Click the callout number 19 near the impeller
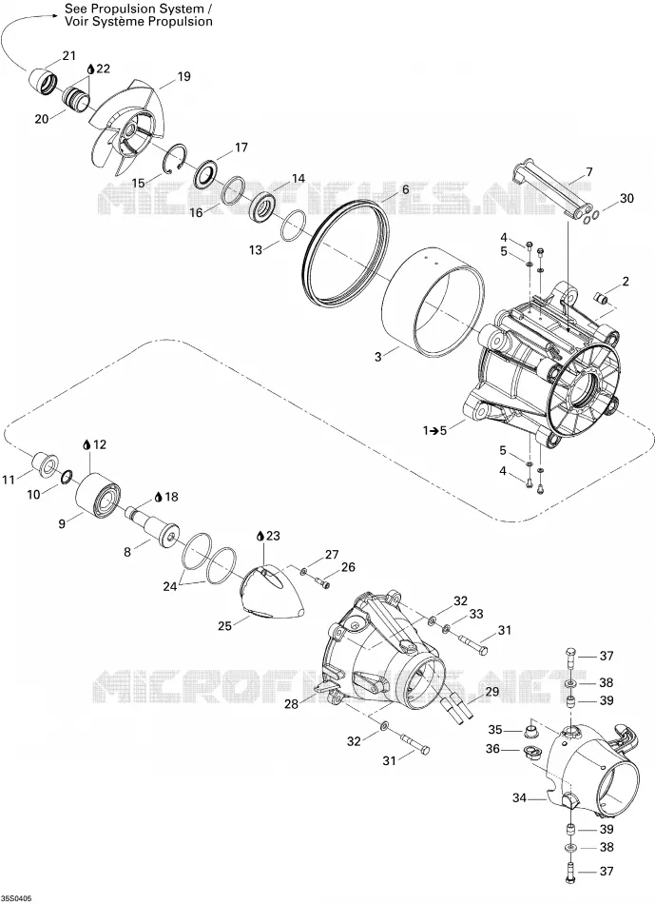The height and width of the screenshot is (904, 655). (x=183, y=77)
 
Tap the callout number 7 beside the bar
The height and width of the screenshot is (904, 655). (x=588, y=172)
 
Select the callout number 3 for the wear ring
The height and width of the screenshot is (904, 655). (x=378, y=357)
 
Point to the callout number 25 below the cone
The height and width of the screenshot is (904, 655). (x=224, y=625)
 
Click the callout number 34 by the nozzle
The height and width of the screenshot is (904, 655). (x=520, y=798)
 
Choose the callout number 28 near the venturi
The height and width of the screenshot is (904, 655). (x=292, y=704)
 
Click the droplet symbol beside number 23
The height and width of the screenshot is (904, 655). (x=260, y=536)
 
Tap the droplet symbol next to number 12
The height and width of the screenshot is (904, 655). (x=87, y=444)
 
